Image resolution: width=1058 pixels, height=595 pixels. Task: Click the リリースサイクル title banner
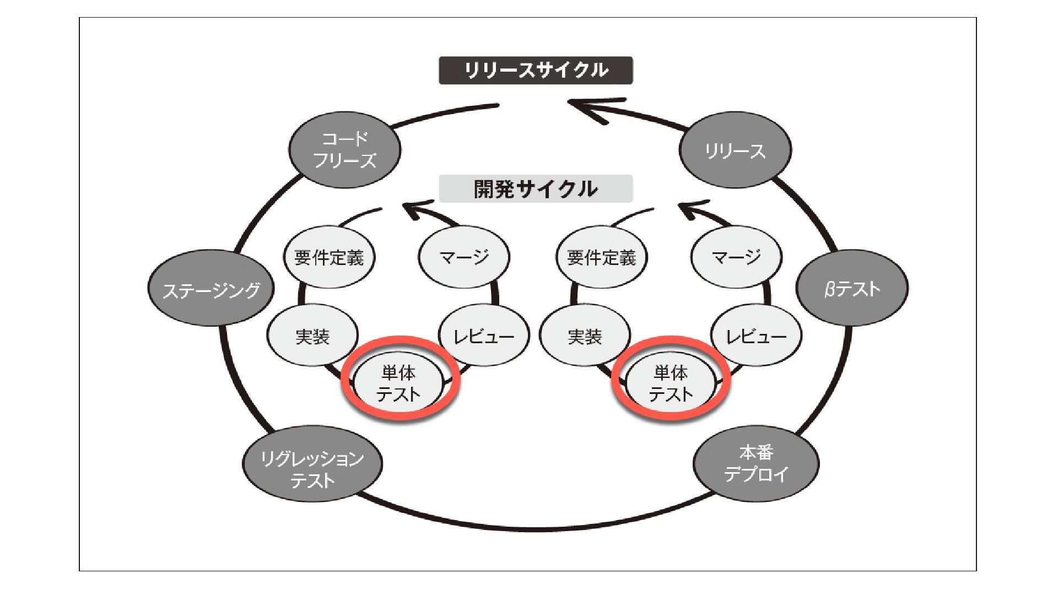tap(536, 71)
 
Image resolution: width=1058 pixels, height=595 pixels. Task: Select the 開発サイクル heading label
tap(536, 189)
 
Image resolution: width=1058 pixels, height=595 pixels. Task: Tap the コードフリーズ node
tap(345, 149)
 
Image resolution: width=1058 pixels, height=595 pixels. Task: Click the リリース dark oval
tap(735, 150)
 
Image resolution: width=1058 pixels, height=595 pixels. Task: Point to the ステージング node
tap(211, 289)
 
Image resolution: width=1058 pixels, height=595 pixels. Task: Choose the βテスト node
tap(852, 288)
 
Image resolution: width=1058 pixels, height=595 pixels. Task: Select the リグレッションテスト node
tap(312, 468)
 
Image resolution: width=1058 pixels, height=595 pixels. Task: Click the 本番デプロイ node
tap(756, 463)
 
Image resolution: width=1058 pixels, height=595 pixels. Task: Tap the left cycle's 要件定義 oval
tap(329, 257)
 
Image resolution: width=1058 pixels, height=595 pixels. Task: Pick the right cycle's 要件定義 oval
tap(601, 257)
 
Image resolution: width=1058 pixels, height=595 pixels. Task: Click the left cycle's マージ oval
tap(464, 257)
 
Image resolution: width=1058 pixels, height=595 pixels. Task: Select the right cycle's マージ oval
tap(736, 257)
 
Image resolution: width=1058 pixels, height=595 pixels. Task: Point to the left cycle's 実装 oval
tap(312, 336)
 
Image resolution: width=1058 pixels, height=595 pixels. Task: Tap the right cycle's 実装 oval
tap(585, 336)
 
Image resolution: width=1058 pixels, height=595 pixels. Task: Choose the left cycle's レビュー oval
tap(483, 336)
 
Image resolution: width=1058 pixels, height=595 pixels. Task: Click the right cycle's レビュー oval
tap(756, 336)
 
